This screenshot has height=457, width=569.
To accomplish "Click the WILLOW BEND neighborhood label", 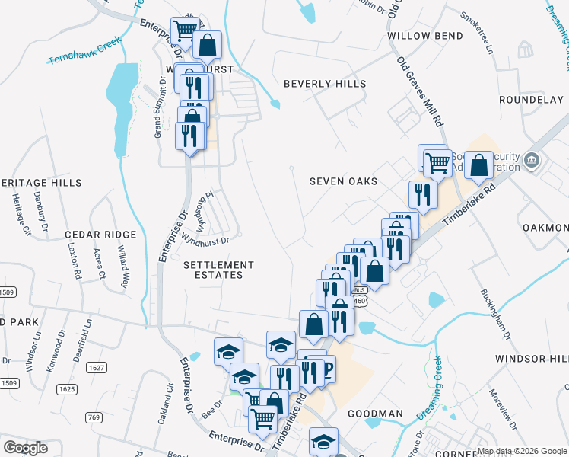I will point(424,36).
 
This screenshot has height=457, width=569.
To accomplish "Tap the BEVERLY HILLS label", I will point(325,84).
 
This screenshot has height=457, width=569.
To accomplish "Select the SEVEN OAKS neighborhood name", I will point(343,181).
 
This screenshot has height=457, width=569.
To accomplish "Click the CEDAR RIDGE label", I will point(100,235).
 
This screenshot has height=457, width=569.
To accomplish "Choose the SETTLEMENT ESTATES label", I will point(218,270).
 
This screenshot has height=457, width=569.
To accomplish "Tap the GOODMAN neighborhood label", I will point(375,414).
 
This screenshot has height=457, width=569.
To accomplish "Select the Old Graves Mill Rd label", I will point(430,92).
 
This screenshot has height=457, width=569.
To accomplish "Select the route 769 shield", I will point(94,417).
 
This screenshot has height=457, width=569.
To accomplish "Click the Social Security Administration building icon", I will point(532,160).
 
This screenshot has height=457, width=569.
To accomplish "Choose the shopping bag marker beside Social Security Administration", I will point(478,165).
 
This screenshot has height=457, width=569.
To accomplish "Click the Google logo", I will point(25,448).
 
